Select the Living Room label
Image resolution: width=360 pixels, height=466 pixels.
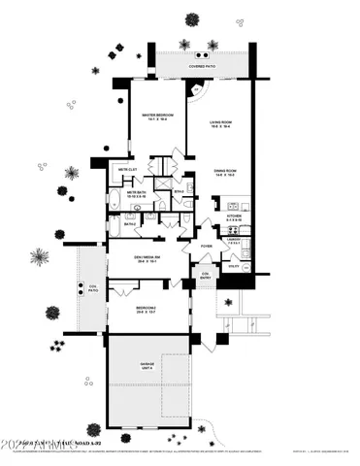coord(224,123)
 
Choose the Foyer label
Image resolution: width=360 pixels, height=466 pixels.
coord(207,246)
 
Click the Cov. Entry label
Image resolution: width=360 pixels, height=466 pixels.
coord(205,275)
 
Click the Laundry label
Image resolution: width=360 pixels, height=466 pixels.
coord(234,240)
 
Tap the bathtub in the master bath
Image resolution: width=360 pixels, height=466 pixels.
coord(114,201)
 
